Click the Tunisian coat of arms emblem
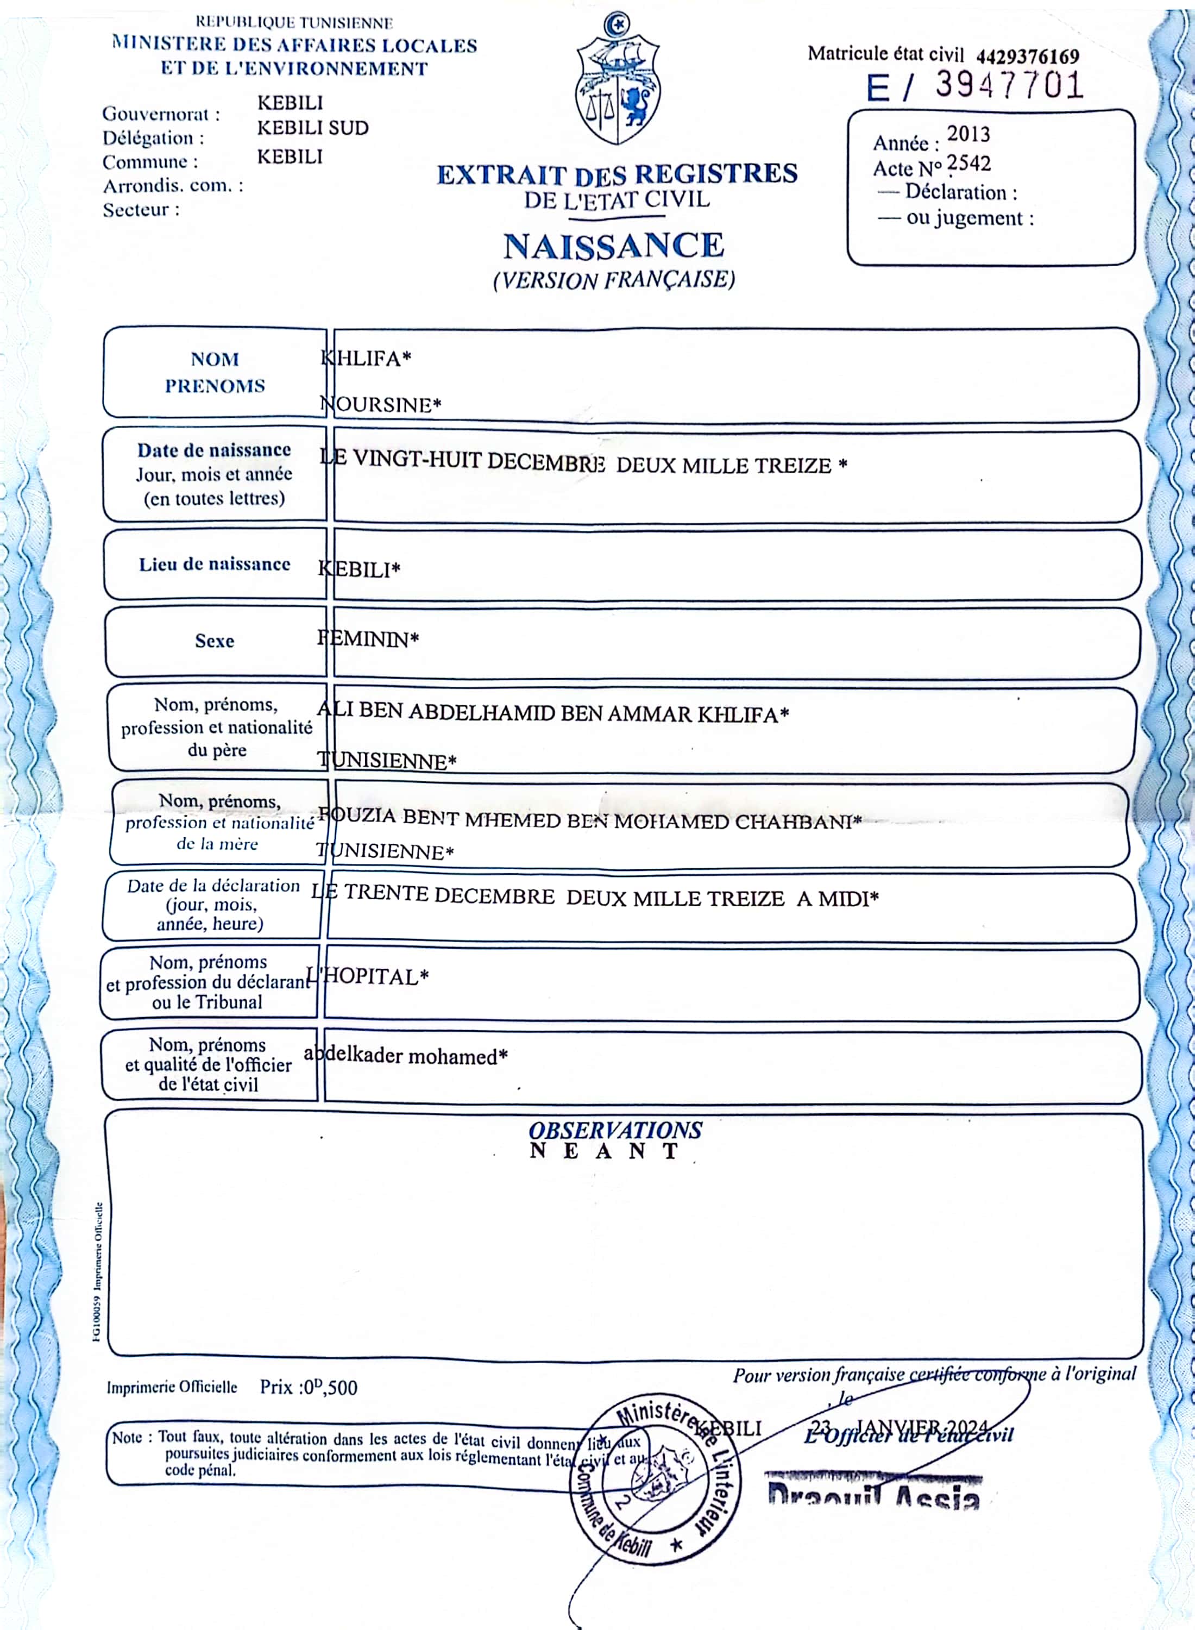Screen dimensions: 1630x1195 point(617,79)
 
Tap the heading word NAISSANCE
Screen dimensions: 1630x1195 point(613,246)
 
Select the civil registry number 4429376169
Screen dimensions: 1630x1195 point(1027,57)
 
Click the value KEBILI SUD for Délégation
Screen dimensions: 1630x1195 point(312,128)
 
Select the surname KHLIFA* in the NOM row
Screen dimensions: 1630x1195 point(366,358)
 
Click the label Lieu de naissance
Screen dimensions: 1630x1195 point(215,565)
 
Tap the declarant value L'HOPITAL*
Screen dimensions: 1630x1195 point(368,977)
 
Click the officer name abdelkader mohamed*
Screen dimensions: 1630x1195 point(406,1056)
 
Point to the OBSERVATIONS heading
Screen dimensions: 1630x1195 point(615,1130)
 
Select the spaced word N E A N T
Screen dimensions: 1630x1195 point(605,1151)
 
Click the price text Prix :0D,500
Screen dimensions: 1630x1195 point(309,1387)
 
